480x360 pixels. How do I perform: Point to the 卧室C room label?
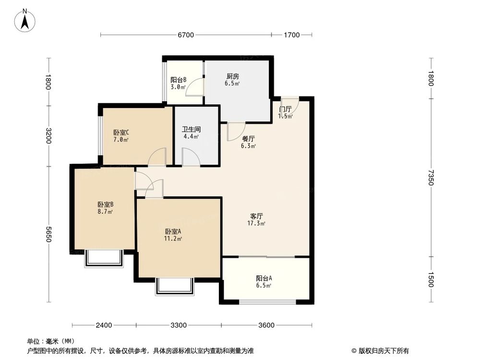(121, 133)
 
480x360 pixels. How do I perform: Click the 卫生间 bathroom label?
(191, 129)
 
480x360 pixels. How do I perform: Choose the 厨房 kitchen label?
(233, 76)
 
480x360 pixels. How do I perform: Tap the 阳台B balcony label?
(178, 80)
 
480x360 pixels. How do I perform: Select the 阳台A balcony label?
(264, 278)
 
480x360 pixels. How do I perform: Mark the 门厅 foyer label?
(285, 109)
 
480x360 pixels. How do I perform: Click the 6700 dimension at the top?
(185, 35)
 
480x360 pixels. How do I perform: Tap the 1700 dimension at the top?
(291, 35)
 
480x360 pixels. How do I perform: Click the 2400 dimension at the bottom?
(104, 325)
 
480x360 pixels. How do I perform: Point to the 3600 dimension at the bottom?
(266, 325)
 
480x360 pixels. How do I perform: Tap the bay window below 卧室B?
(104, 258)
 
